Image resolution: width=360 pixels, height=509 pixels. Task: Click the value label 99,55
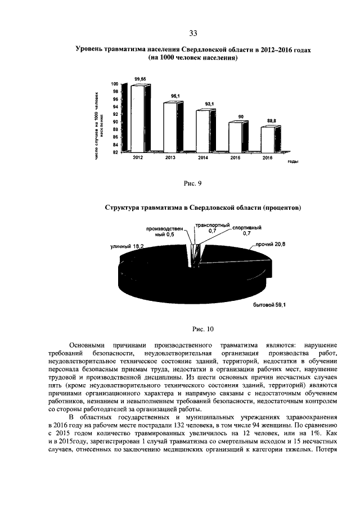(x=141, y=79)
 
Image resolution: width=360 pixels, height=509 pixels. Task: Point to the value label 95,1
(x=175, y=96)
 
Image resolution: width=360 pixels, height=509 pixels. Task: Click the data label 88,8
(x=272, y=120)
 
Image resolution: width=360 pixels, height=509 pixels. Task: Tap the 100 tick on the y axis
(x=115, y=84)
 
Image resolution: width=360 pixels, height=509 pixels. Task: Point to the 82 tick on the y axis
(x=115, y=152)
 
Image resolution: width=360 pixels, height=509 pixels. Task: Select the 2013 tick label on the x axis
(x=170, y=159)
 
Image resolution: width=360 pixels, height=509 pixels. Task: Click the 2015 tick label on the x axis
(x=235, y=159)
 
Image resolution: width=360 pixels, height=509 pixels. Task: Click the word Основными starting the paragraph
(x=88, y=344)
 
